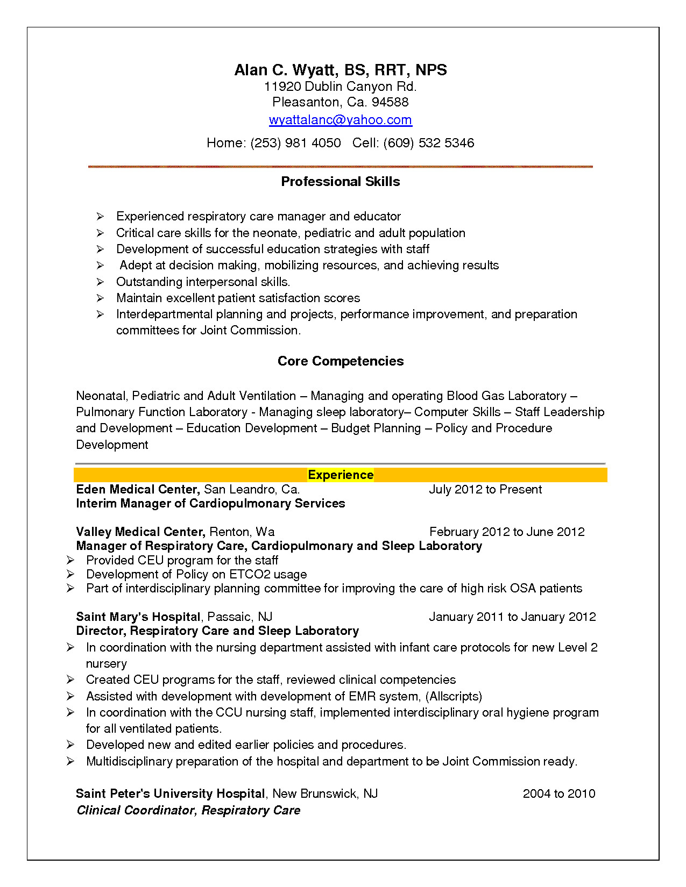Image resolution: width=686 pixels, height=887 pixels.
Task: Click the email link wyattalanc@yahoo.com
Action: pos(340,120)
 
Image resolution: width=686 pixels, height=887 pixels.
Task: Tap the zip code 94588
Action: pos(390,102)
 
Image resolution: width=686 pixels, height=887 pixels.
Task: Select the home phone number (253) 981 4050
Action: pos(295,143)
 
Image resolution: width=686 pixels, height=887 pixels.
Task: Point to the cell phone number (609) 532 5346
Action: pos(428,143)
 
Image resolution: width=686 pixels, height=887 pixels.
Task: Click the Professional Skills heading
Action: pos(340,182)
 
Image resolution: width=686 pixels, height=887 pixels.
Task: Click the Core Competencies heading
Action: pos(340,361)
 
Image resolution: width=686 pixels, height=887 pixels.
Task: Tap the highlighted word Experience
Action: pos(340,475)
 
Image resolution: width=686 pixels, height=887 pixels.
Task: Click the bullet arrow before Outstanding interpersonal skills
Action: pos(100,282)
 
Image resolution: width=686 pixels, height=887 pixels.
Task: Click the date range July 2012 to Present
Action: pos(485,490)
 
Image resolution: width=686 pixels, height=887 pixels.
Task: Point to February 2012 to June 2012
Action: pos(507,532)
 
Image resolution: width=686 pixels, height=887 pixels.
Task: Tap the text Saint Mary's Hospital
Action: pos(138,617)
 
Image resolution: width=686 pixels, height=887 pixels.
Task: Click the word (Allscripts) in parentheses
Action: pos(454,697)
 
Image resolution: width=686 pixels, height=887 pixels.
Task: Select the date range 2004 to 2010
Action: pos(558,794)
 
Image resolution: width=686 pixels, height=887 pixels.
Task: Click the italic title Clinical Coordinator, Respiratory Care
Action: pos(188,811)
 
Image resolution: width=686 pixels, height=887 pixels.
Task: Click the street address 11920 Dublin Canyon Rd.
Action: pos(340,87)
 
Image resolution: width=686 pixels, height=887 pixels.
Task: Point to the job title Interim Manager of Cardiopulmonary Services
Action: pos(210,504)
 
